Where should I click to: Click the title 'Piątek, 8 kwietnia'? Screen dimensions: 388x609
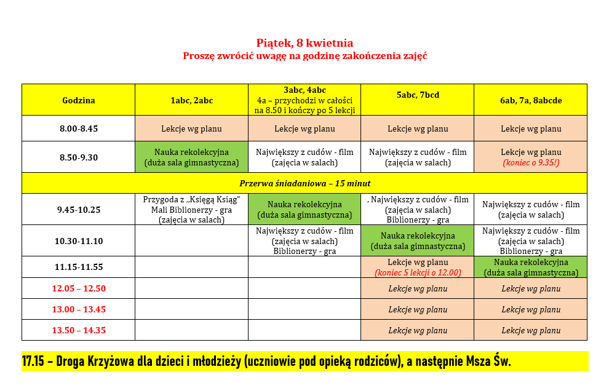304,43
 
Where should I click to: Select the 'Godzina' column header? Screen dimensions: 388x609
78,100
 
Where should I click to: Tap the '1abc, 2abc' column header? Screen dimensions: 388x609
191,100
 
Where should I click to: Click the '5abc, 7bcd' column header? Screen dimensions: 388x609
417,95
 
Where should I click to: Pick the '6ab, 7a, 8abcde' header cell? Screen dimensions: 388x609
530,100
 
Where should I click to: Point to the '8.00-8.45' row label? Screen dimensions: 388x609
78,129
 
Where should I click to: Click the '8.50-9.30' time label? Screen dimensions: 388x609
78,157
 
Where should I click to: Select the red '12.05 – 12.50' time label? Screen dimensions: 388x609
78,288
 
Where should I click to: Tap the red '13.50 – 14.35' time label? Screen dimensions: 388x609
78,330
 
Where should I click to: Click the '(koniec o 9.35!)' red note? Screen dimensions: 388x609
530,163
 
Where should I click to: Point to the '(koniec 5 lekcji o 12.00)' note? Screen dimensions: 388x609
418,272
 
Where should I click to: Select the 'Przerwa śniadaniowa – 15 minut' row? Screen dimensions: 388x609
304,183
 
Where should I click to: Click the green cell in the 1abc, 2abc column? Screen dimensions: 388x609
191,157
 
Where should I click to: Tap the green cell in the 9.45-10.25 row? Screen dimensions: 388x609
304,210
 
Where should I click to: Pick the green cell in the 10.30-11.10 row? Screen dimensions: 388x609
418,241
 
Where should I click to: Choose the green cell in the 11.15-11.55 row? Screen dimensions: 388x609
530,267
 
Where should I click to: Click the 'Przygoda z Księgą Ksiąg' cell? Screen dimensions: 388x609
191,210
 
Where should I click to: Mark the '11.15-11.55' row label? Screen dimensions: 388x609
78,267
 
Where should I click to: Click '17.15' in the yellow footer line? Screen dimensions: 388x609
34,362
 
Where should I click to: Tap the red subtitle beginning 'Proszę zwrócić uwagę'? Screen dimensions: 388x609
304,56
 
